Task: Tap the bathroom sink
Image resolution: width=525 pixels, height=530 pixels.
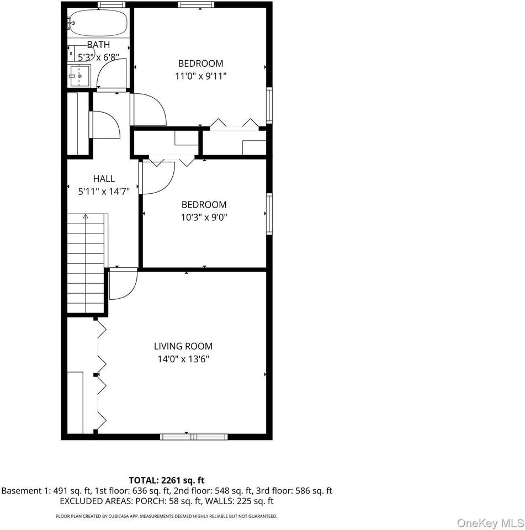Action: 79,74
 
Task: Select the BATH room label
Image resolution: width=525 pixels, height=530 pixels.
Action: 98,45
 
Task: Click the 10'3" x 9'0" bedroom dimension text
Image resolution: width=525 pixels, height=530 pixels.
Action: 204,217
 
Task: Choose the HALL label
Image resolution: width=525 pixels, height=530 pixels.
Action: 104,178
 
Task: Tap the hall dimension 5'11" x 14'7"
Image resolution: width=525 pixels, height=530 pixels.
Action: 104,191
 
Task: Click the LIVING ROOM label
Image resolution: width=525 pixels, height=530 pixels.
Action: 183,346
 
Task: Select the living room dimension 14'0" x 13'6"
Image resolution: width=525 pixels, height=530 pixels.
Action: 183,359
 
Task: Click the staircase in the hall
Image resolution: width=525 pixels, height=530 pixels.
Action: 86,265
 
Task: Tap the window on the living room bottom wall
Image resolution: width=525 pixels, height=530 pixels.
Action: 194,437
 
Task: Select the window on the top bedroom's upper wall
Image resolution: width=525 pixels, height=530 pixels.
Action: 197,5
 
